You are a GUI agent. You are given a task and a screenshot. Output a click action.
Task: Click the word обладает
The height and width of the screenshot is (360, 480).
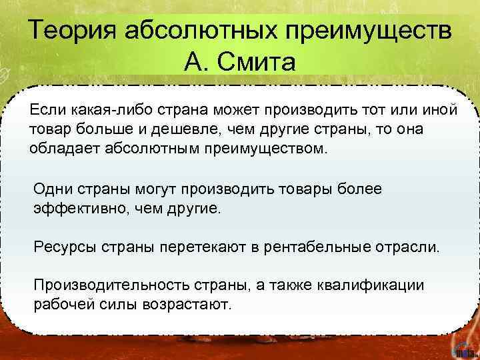point(64,147)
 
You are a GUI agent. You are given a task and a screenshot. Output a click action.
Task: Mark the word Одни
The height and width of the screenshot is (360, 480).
point(50,189)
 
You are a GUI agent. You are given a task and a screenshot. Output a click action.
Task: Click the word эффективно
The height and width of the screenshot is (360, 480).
point(75,209)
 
